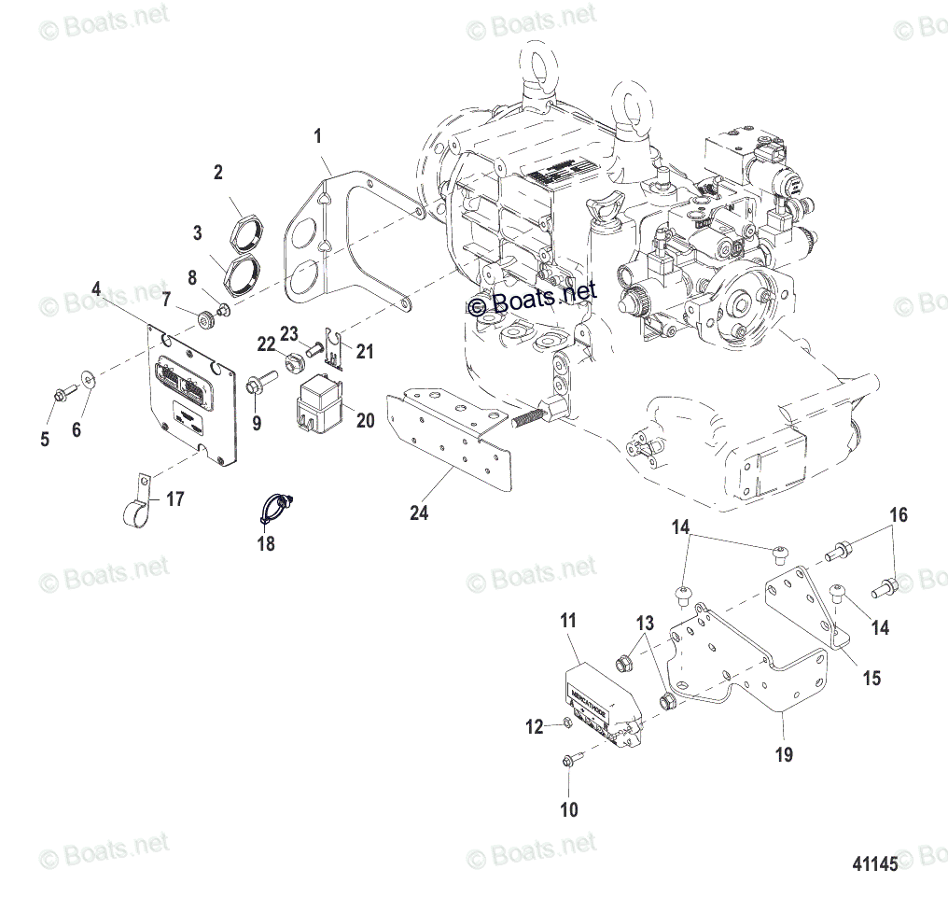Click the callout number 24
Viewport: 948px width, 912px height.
[x=419, y=512]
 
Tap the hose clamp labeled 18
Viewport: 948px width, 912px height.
[x=274, y=507]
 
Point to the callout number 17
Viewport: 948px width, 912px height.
[x=174, y=499]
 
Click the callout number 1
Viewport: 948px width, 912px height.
[x=317, y=137]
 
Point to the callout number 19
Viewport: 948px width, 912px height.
[x=785, y=754]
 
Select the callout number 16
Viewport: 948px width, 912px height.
[x=898, y=514]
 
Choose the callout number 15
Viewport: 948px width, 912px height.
[x=871, y=679]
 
